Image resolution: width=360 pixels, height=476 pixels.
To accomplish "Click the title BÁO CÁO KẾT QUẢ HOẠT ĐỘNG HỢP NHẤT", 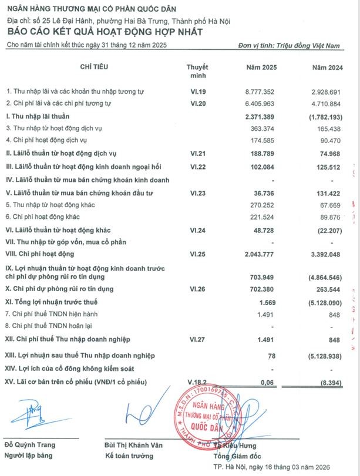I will pyautogui.click(x=104, y=32).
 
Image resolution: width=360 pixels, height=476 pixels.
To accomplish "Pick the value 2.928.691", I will pyautogui.click(x=327, y=92).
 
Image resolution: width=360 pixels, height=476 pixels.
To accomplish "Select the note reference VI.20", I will pyautogui.click(x=197, y=103).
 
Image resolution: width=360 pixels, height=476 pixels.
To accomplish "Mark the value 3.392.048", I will pyautogui.click(x=327, y=254).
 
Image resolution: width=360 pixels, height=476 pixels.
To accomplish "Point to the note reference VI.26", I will pyautogui.click(x=197, y=289).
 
